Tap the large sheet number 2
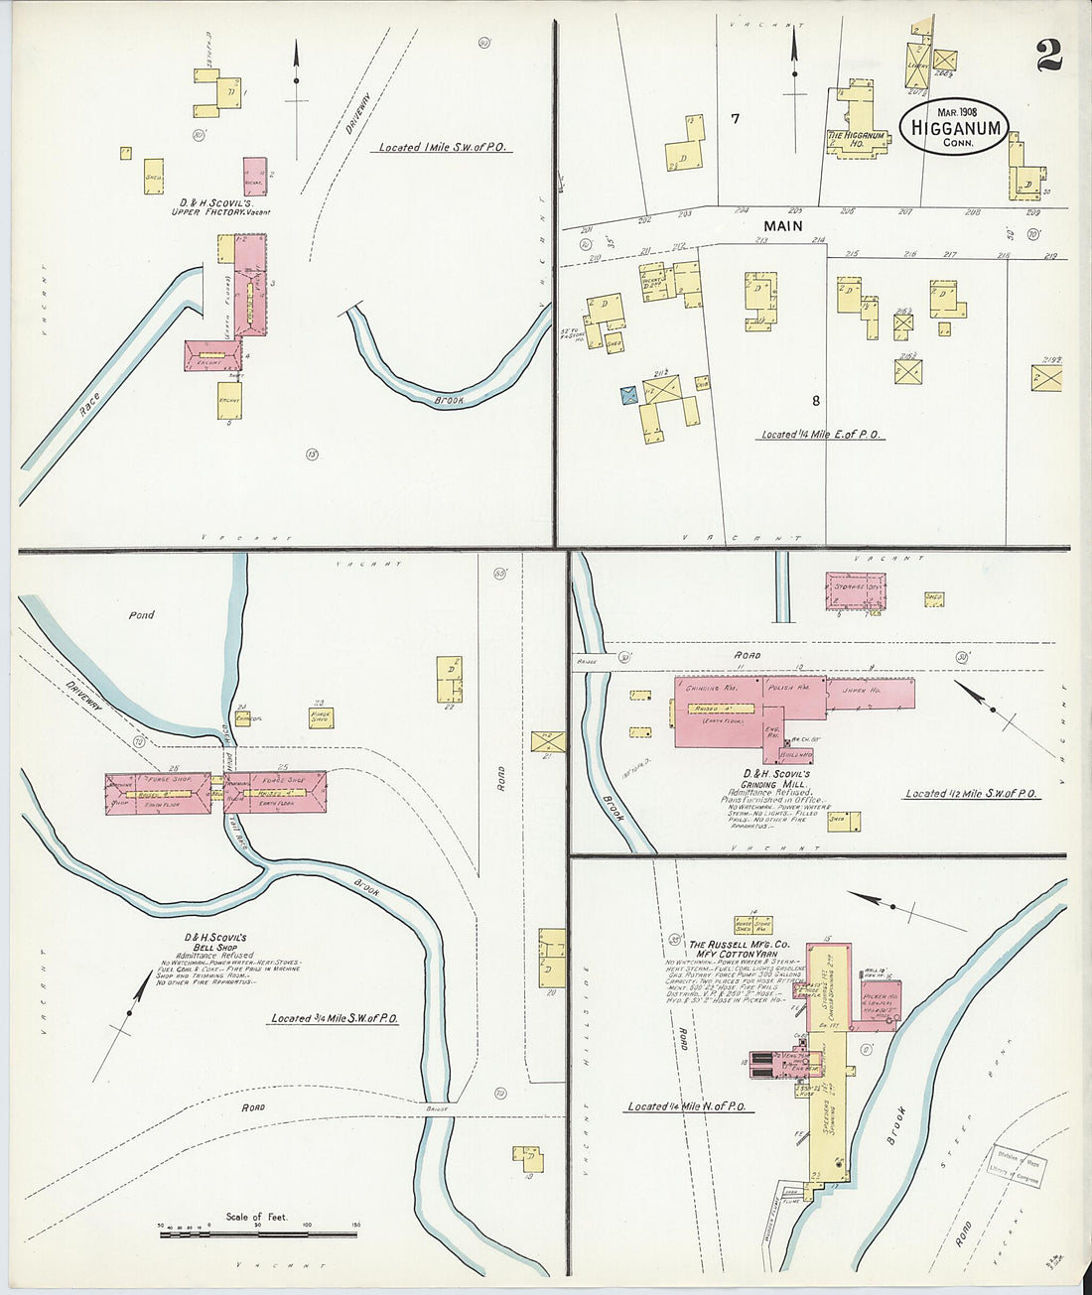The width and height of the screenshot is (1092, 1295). click(x=1048, y=56)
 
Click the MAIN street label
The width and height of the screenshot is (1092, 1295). click(x=782, y=226)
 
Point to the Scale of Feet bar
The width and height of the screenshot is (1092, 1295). click(x=257, y=1234)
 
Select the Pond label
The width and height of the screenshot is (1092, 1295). click(x=141, y=615)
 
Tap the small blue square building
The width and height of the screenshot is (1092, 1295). click(x=628, y=395)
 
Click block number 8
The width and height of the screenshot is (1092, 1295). click(x=815, y=401)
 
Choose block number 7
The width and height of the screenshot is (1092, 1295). click(x=735, y=119)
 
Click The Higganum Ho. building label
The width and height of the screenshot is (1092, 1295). click(x=855, y=139)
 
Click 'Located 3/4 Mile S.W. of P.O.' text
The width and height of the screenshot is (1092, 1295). click(x=334, y=1018)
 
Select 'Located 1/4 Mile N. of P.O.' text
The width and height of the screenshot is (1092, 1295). click(x=685, y=1106)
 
